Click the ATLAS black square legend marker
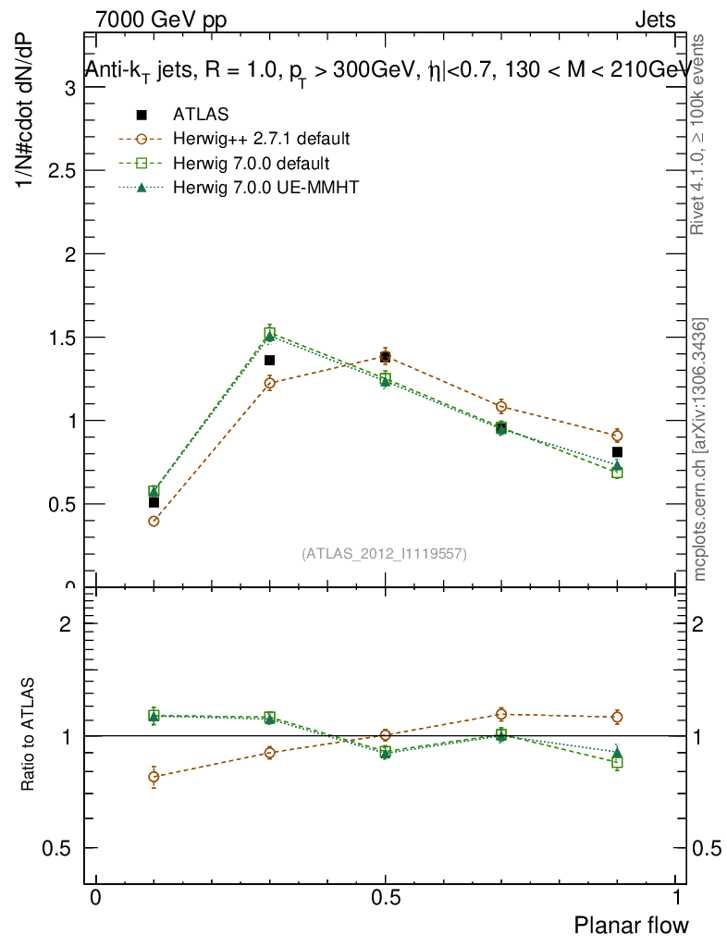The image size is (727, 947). (142, 115)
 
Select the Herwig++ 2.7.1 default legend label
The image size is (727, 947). (261, 140)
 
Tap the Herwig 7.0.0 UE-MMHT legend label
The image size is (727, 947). (265, 188)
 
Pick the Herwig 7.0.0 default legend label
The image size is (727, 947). (251, 164)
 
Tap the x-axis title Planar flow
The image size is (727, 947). (632, 925)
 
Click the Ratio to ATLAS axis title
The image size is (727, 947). (30, 735)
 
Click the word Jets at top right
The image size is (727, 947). (655, 20)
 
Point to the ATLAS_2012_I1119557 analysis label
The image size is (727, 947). (384, 554)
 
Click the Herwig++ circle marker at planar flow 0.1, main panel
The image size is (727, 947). (154, 521)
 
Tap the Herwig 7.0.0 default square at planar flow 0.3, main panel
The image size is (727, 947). (269, 333)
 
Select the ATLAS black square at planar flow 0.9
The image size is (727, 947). (617, 452)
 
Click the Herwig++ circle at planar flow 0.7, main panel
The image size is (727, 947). (501, 406)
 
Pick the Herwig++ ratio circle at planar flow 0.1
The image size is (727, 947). (154, 777)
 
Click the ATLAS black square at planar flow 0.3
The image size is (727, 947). (269, 360)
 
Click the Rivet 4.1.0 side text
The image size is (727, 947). (700, 135)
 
